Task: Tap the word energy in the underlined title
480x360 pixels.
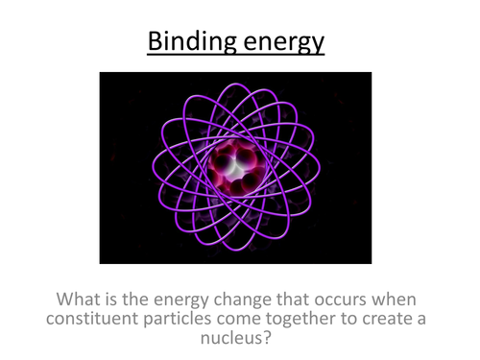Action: pos(283,44)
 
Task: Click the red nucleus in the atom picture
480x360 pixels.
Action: pos(235,166)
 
